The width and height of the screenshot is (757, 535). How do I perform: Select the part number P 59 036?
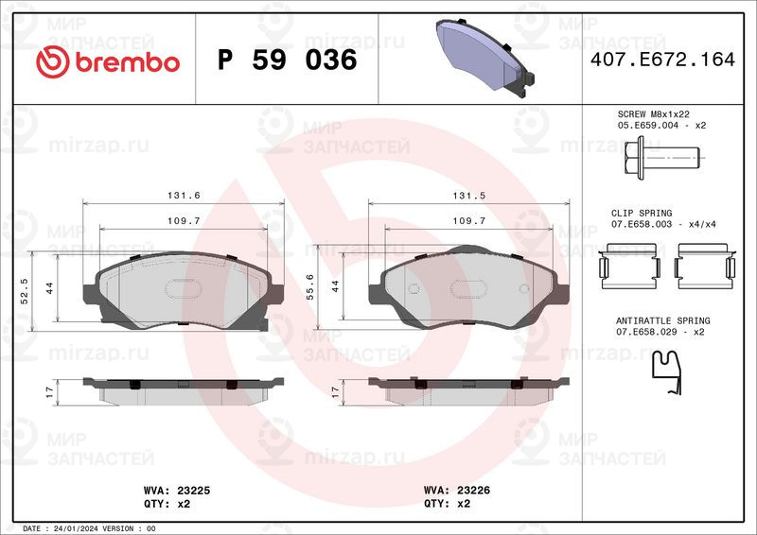(x=288, y=60)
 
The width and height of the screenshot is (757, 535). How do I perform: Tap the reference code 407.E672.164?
(x=662, y=60)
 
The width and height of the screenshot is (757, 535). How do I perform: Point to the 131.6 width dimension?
(x=184, y=195)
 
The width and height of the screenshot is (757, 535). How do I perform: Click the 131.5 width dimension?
(x=468, y=196)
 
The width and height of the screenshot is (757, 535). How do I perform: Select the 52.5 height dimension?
(x=25, y=291)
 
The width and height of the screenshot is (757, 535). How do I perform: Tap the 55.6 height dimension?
(x=309, y=287)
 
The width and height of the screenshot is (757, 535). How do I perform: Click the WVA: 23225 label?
(x=177, y=491)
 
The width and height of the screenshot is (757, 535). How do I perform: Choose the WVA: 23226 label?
(x=457, y=491)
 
